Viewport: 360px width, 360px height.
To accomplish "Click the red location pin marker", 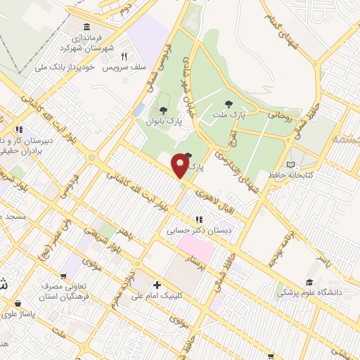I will click(180, 165).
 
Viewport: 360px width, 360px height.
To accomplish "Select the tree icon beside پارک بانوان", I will click(164, 110).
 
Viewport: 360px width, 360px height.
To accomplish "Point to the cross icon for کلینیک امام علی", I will click(157, 285).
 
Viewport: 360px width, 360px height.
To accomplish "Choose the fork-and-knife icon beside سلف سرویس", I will click(124, 56).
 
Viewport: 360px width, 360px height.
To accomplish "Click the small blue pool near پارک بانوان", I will click(139, 110).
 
